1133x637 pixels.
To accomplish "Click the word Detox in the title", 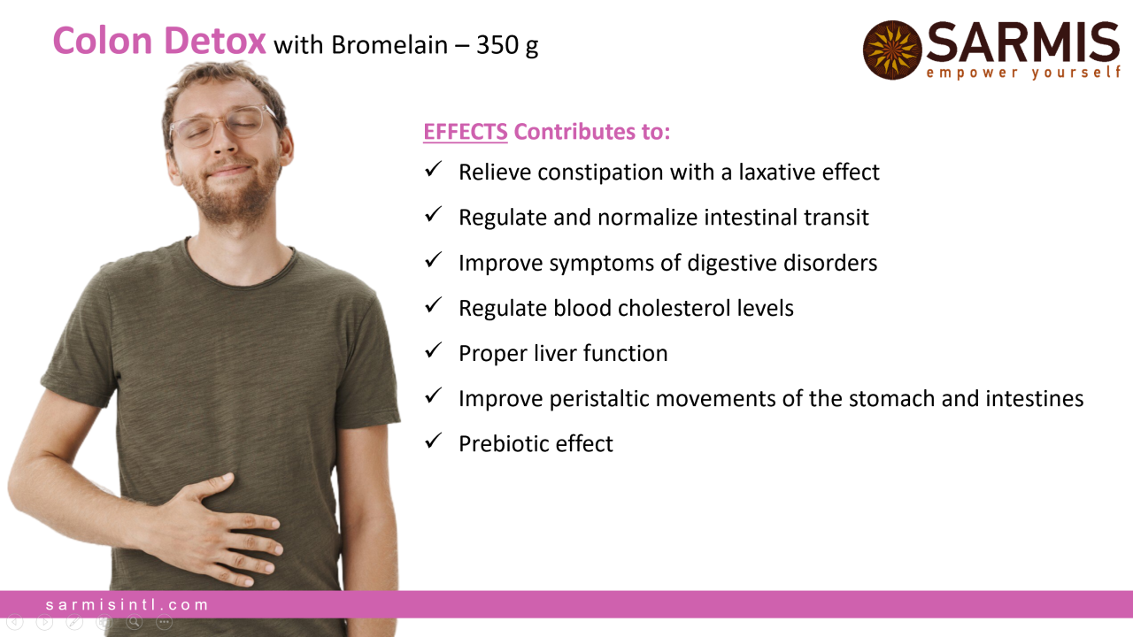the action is click(x=214, y=41).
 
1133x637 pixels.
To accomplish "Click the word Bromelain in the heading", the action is click(x=389, y=44).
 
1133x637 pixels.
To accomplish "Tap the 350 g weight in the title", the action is click(x=507, y=45).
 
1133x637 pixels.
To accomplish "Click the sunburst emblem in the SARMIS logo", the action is click(x=892, y=50).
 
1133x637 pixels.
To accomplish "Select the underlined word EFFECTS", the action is click(x=466, y=132).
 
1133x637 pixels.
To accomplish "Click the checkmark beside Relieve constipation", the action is click(x=434, y=169).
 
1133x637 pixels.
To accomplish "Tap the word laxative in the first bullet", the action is click(x=777, y=172).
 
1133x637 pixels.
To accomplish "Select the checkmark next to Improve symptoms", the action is click(x=434, y=260).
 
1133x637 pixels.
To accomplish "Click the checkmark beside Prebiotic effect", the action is click(x=434, y=441).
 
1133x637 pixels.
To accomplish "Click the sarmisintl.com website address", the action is click(x=127, y=604).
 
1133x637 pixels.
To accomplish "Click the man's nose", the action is click(x=225, y=142).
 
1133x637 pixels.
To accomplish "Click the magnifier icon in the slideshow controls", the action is click(x=135, y=622).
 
